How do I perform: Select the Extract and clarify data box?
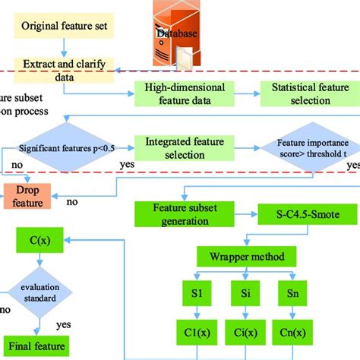coord(64,71)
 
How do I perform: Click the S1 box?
coord(197,293)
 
